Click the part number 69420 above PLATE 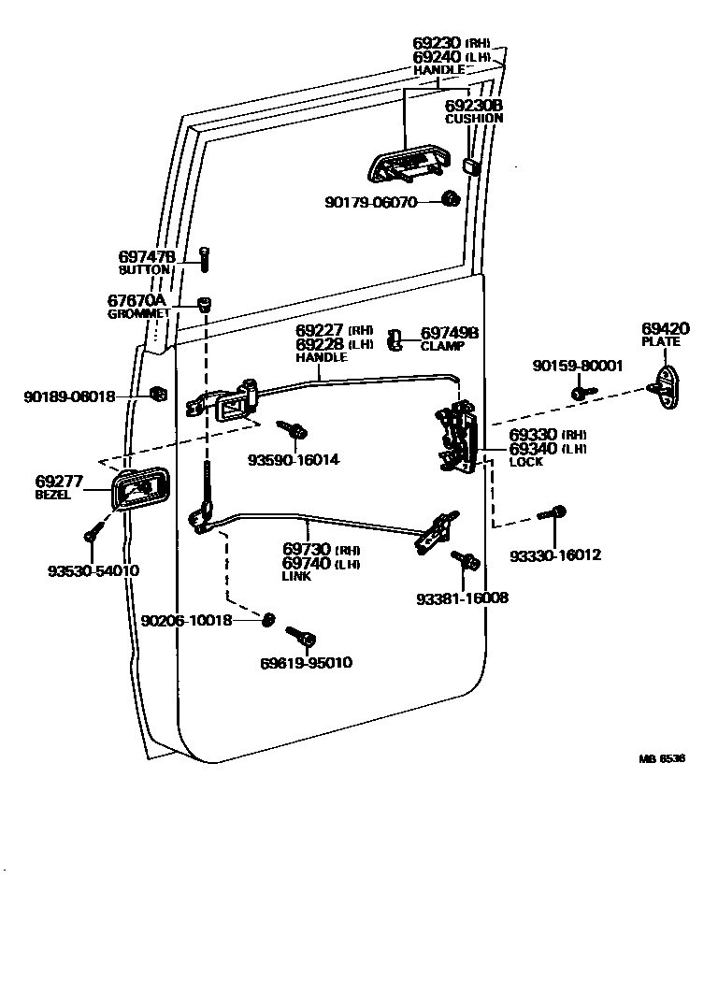tap(665, 328)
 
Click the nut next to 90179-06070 tap(451, 199)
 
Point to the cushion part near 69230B tap(471, 166)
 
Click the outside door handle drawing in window tap(409, 167)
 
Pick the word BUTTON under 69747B tap(144, 269)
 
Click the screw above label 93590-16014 tap(294, 430)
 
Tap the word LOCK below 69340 tap(525, 462)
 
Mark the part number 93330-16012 tap(555, 555)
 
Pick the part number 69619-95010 tap(306, 663)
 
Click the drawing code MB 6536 tap(661, 758)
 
